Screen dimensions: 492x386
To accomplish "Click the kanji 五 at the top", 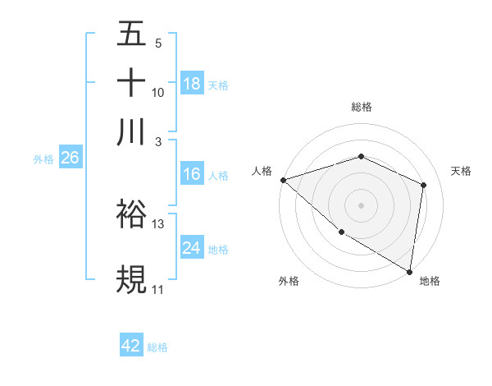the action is point(132,34).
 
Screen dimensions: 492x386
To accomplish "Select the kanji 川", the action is point(132,131).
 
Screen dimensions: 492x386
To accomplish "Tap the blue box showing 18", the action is point(192,84).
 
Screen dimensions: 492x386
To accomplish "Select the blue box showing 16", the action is point(192,174).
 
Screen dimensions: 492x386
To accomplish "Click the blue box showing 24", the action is point(192,248).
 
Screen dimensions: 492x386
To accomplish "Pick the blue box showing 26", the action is point(70,159).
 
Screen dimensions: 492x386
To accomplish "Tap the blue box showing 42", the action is point(131,346).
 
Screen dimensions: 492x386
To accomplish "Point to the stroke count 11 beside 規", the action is point(157,289).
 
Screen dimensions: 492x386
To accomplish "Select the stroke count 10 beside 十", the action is point(158,93).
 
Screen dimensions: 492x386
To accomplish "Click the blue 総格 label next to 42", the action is point(157,347).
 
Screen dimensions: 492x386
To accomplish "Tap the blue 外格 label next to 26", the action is point(43,159).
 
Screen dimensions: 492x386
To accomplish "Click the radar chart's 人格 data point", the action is point(283,180).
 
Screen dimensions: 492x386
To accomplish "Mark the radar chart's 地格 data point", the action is point(409,271).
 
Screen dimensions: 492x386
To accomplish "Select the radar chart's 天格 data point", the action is point(424,185).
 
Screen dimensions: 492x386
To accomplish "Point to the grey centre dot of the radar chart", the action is point(361,204).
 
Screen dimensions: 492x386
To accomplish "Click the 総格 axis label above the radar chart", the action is point(361,107).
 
